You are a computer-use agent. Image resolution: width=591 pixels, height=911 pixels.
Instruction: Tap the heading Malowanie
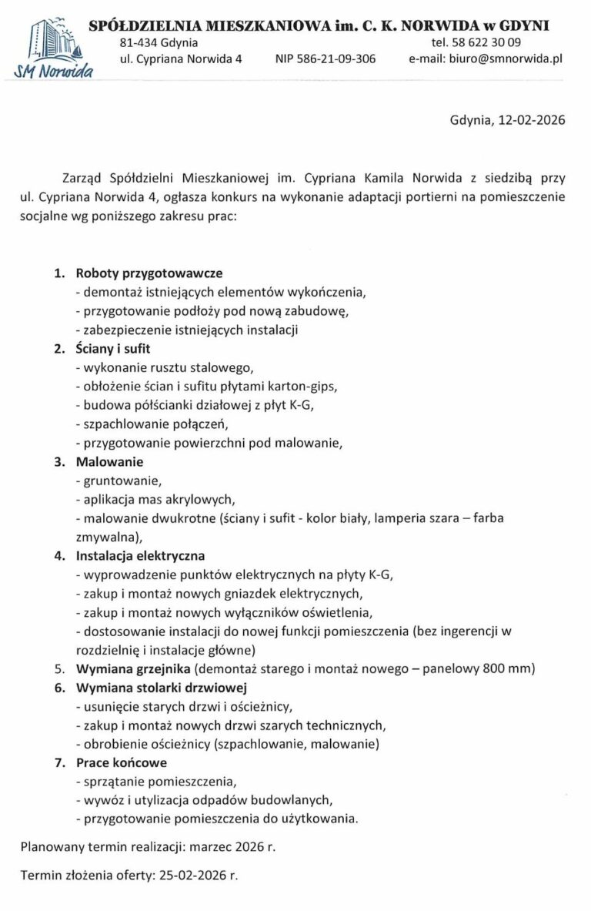pyautogui.click(x=109, y=462)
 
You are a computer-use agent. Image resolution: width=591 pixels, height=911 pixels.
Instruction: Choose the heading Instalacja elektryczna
pyautogui.click(x=140, y=554)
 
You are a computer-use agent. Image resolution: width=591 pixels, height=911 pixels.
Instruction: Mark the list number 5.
pyautogui.click(x=58, y=668)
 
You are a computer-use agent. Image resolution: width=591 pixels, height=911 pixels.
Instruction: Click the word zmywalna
pyautogui.click(x=108, y=536)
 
